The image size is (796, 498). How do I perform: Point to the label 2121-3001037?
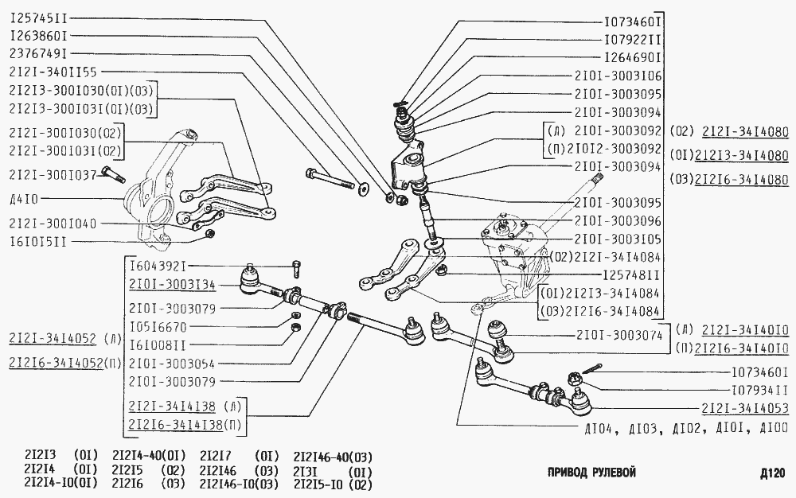(53, 174)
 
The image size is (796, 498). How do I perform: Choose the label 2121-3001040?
(53, 224)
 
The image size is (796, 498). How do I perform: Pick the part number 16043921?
(159, 267)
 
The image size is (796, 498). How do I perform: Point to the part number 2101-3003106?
(618, 76)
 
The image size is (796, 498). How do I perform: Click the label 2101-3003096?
(618, 220)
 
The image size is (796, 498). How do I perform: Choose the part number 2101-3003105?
(618, 238)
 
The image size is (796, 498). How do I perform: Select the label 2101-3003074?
(618, 335)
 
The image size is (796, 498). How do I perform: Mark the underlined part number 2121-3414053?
(745, 409)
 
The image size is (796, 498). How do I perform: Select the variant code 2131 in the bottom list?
(308, 469)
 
